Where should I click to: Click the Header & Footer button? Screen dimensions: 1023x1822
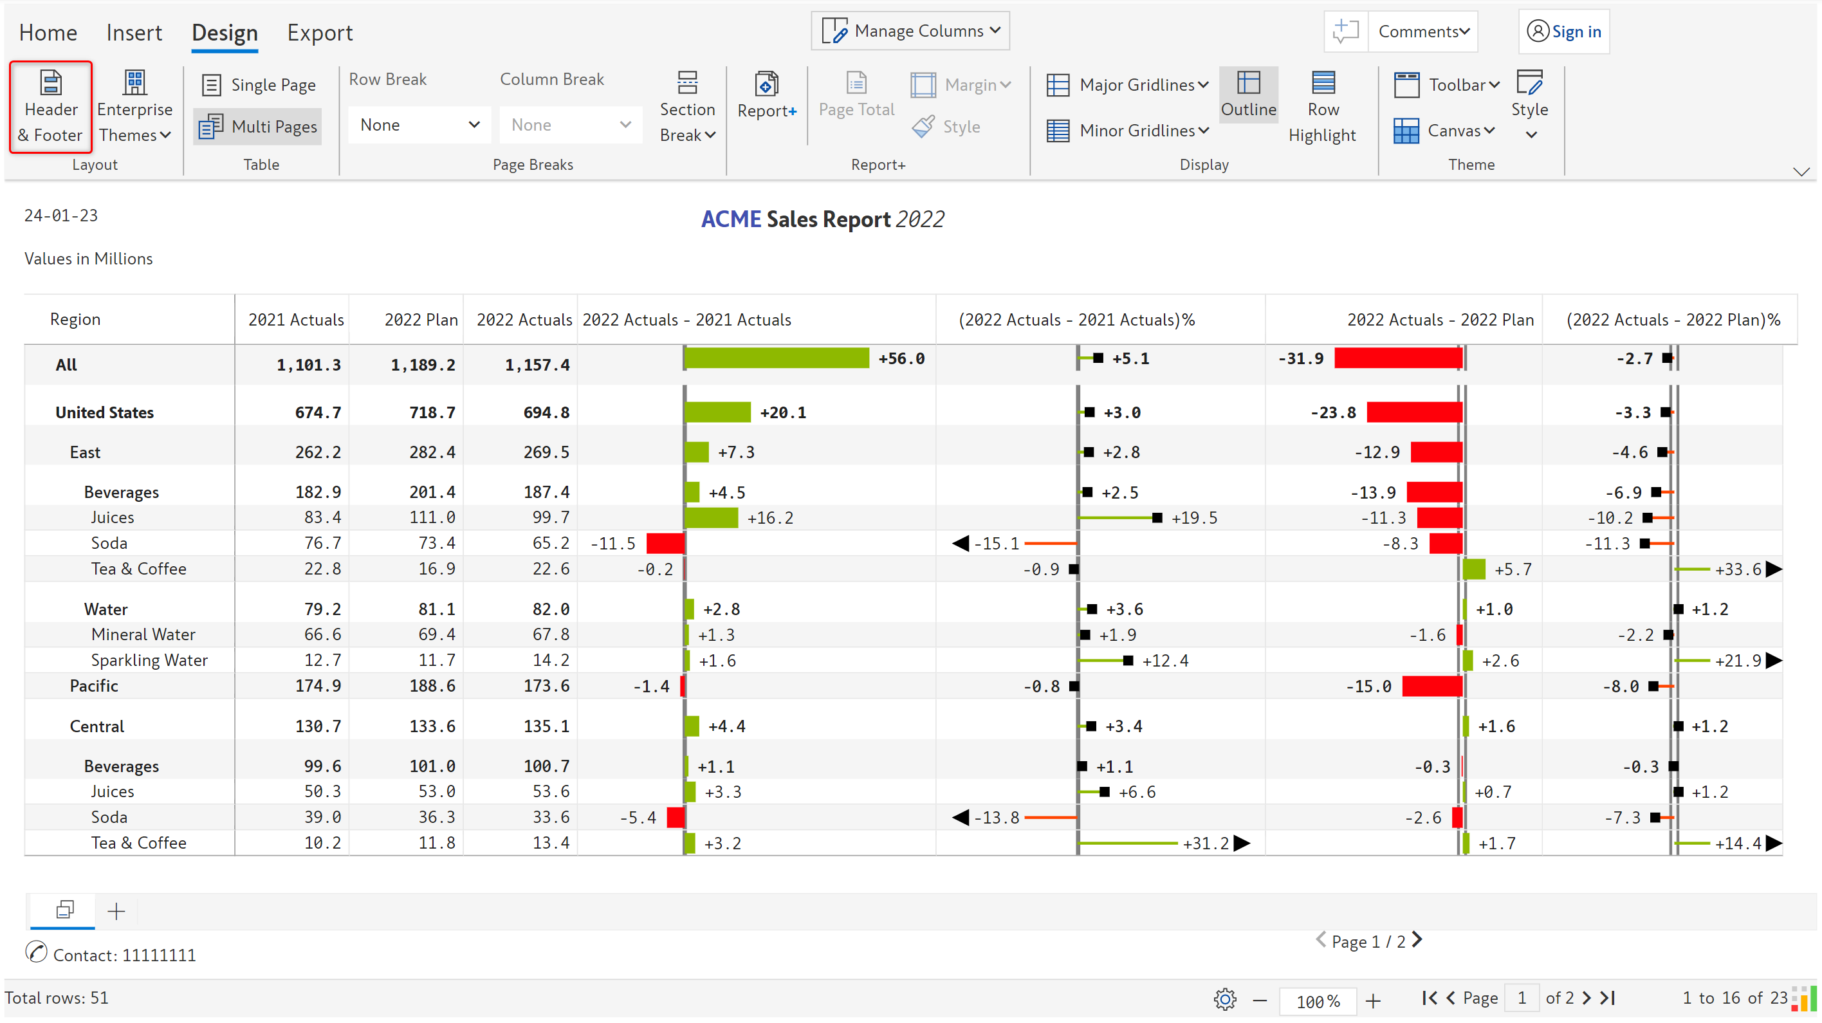tap(50, 107)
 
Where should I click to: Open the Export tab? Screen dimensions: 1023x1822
tap(320, 33)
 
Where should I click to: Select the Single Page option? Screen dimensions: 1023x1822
tap(259, 85)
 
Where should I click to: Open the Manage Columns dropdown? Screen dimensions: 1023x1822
tap(910, 31)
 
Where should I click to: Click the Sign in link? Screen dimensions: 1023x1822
tap(1564, 32)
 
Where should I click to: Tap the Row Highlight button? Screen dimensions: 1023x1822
tap(1322, 107)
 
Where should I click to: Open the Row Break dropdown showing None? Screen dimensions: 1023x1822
tap(419, 125)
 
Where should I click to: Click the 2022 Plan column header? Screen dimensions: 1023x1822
tap(421, 320)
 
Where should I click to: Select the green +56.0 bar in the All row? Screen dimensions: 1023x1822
tap(777, 358)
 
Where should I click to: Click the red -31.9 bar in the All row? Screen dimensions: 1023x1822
tap(1397, 358)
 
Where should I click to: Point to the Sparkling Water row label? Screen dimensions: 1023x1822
tap(149, 660)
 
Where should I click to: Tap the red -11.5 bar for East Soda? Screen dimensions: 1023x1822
tap(665, 543)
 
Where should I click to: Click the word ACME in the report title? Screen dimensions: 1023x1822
tap(731, 219)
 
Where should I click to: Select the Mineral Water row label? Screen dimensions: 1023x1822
tap(143, 634)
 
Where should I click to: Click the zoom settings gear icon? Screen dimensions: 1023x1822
tap(1224, 999)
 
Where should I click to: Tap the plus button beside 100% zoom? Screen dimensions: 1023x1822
tap(1373, 1000)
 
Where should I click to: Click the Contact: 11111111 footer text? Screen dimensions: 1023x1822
tap(124, 955)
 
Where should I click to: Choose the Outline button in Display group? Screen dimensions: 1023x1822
tap(1248, 95)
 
